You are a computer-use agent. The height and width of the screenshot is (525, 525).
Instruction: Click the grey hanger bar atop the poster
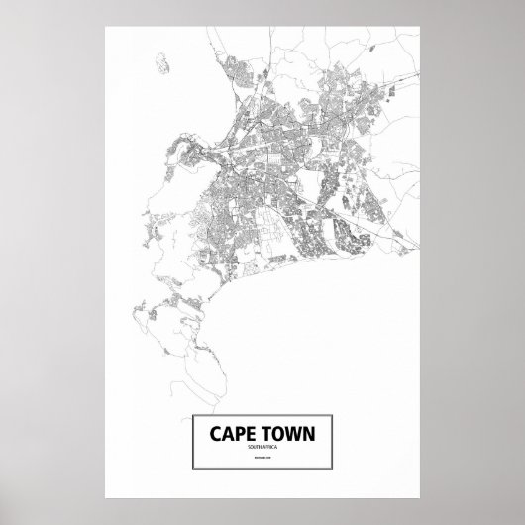(262, 4)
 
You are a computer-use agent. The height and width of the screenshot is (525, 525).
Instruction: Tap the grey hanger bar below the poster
(262, 521)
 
